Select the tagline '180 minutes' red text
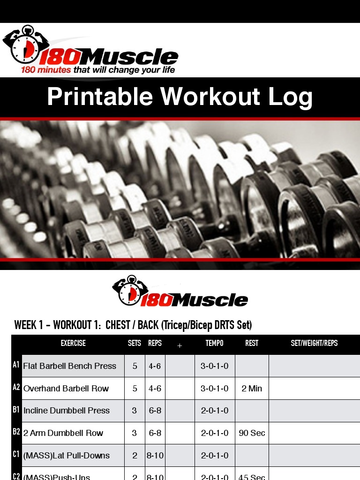tap(45, 70)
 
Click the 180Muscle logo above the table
tap(180, 292)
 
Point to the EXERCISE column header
tap(73, 343)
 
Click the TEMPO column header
tap(214, 343)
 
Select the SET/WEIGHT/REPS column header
tap(314, 343)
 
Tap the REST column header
tap(252, 343)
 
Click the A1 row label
tap(16, 365)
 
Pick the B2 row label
tap(16, 432)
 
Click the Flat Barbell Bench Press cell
tap(70, 366)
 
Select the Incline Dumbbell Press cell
tap(67, 411)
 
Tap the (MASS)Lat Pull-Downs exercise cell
tap(67, 456)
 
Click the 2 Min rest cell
tap(252, 389)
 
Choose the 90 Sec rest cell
tap(252, 433)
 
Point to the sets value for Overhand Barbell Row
tap(135, 389)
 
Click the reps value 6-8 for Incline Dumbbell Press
tap(155, 411)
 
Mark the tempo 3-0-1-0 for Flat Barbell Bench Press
tap(215, 366)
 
